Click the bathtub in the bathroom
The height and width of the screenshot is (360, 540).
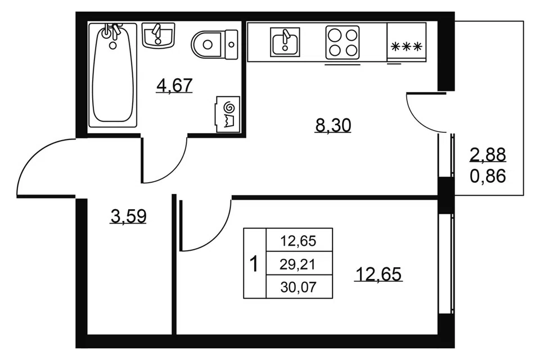click(x=112, y=74)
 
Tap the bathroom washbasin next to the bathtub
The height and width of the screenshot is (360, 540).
click(x=158, y=35)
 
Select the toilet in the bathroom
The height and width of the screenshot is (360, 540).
click(x=214, y=44)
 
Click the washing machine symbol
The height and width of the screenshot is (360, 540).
click(x=228, y=114)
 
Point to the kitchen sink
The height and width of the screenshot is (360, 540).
click(x=285, y=42)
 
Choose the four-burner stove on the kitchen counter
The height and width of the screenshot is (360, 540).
click(x=343, y=42)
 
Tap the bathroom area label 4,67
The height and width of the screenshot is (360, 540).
click(x=174, y=85)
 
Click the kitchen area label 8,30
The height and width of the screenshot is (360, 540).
click(x=333, y=125)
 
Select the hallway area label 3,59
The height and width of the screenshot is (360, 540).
click(x=128, y=216)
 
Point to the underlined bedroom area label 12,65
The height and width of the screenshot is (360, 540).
click(x=378, y=274)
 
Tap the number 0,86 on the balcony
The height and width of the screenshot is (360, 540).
click(x=488, y=177)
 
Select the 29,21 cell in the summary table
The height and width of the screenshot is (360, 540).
click(x=298, y=264)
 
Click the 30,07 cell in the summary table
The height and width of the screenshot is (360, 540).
click(x=298, y=287)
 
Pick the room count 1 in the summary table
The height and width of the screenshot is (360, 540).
click(x=254, y=264)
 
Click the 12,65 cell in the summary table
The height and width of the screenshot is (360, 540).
click(x=298, y=240)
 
